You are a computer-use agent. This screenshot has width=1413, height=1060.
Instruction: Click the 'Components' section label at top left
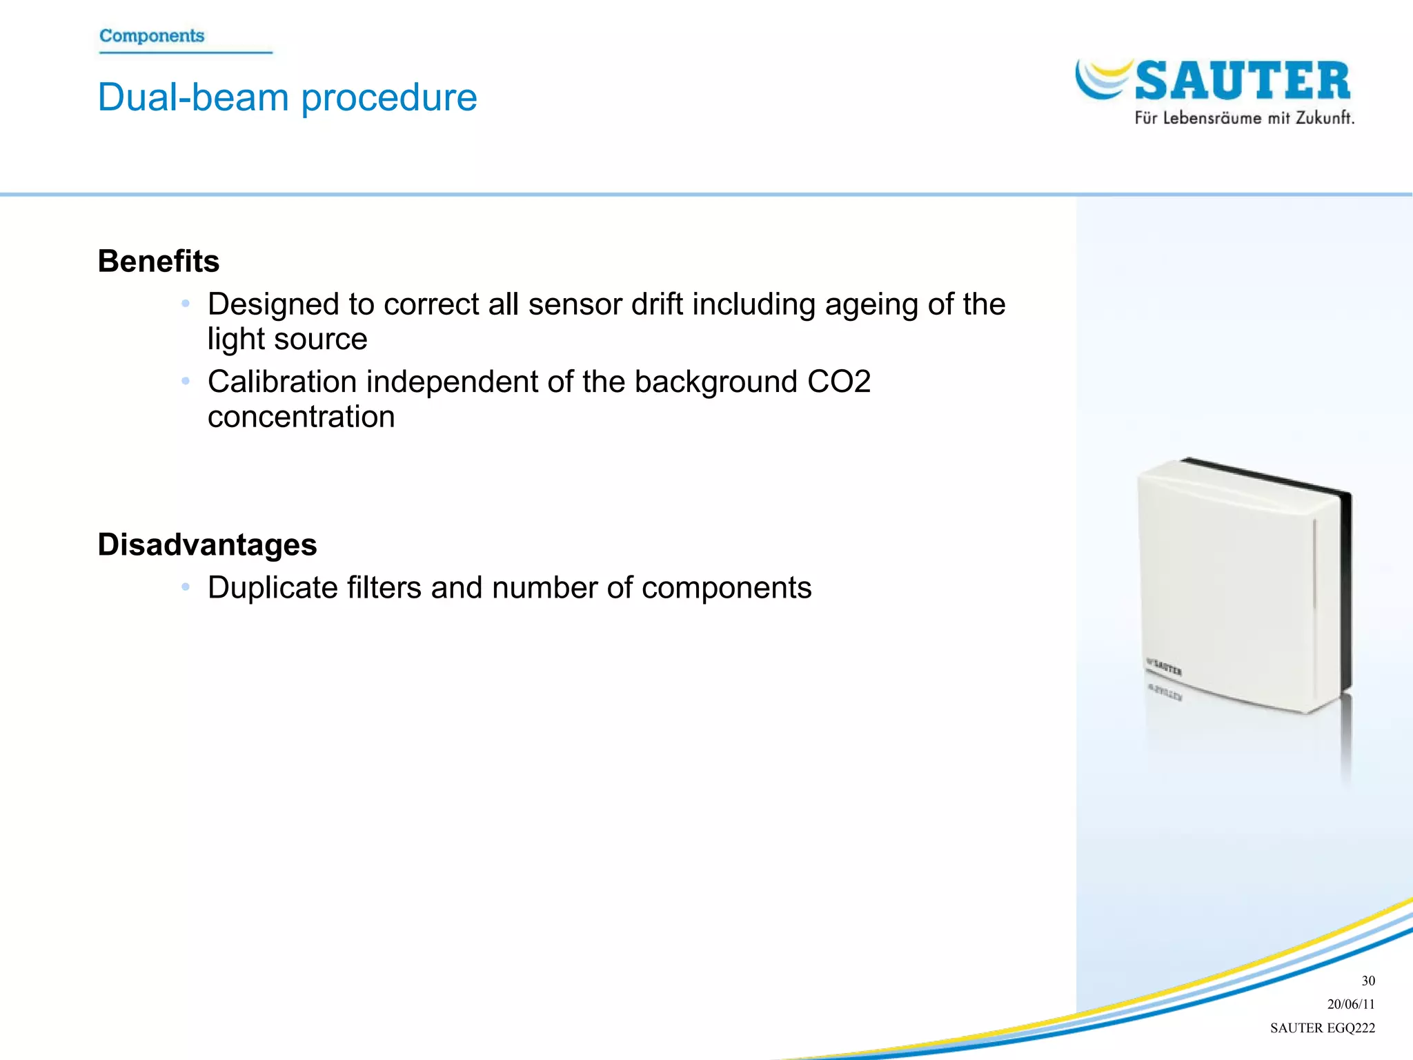[152, 36]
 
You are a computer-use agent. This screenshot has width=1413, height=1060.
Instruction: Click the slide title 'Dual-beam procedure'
[287, 97]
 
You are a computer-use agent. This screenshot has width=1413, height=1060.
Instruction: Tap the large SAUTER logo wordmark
[1242, 81]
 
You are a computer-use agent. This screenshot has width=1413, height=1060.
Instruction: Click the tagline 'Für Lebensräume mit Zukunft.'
[1244, 118]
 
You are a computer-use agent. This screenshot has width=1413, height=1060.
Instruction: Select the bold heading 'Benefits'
[159, 262]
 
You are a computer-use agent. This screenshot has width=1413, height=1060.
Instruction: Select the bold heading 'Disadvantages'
[207, 544]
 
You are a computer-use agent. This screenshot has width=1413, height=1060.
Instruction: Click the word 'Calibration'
[281, 382]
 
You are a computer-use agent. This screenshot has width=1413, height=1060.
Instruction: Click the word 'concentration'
[301, 417]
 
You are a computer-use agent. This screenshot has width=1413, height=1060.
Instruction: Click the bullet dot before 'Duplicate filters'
[185, 587]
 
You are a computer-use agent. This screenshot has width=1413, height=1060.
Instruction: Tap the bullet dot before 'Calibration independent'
[185, 381]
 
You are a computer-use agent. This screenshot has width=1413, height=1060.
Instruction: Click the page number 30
[1367, 981]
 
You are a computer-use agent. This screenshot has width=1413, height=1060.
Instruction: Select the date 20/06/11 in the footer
[1350, 1004]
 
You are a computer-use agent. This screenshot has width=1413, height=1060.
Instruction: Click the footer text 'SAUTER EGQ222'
[1322, 1028]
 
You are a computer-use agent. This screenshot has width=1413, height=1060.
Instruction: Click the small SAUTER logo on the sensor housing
[1165, 667]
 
